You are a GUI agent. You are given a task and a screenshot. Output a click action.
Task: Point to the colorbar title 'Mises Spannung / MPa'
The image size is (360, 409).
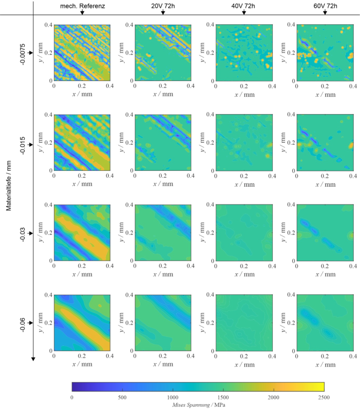[198, 404]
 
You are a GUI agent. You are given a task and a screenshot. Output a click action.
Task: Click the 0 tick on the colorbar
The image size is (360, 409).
[71, 397]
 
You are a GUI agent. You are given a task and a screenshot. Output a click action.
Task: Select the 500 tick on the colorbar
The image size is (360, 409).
[122, 397]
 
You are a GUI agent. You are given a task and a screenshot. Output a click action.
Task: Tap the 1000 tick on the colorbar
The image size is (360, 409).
[172, 397]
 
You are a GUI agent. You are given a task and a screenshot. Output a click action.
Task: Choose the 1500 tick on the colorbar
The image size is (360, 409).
[223, 397]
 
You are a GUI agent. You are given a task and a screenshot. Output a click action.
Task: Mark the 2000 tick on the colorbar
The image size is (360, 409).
[273, 397]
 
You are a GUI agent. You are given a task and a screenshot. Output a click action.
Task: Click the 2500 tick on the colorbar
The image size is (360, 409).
[324, 397]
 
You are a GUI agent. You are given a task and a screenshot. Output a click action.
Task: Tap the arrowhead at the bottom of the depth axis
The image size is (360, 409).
[33, 359]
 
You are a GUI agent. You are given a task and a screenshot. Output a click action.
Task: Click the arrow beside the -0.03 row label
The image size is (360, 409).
[30, 232]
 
